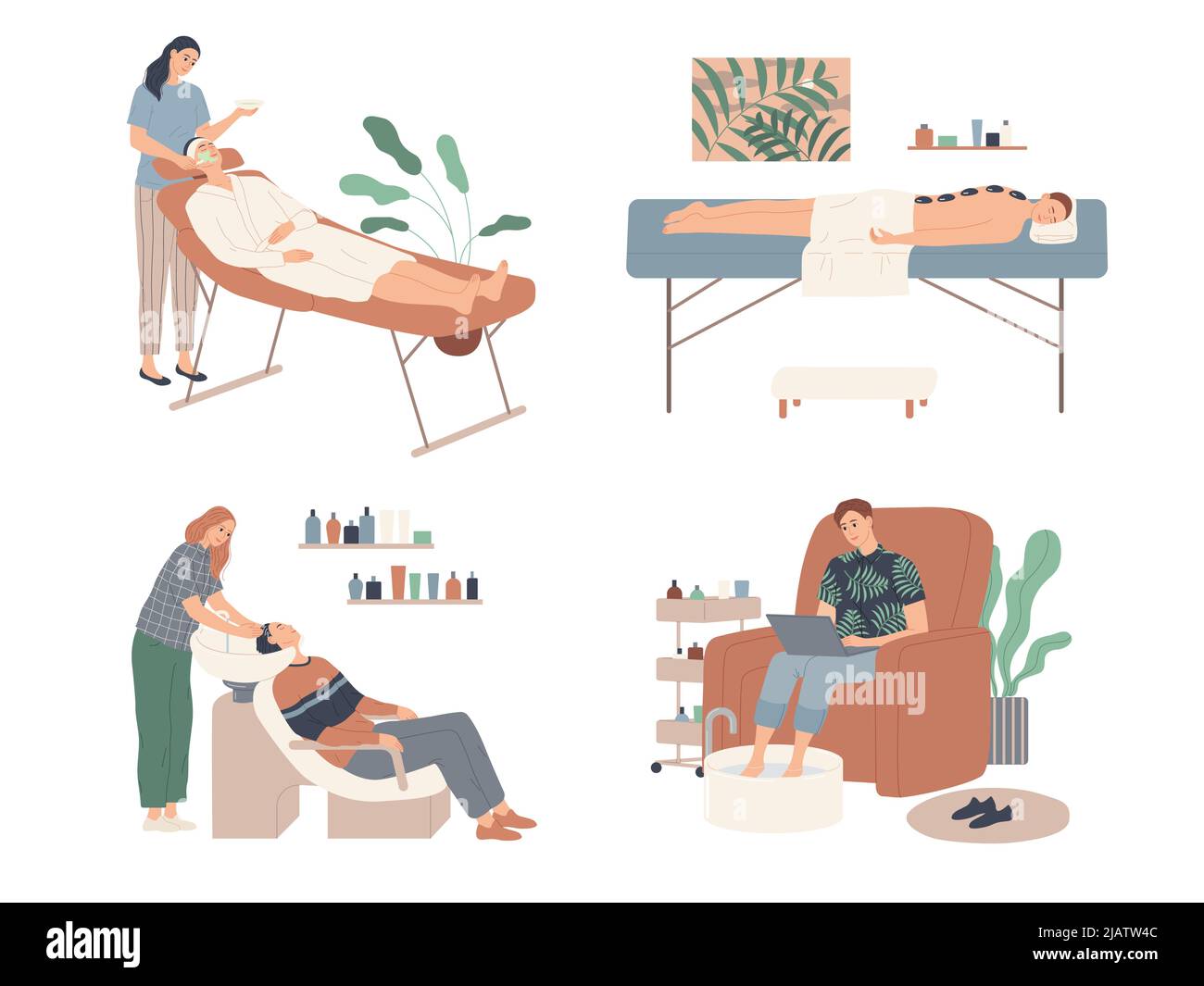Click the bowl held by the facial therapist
click(248, 105)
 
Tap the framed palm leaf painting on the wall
click(771, 109)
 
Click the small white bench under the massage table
click(854, 384)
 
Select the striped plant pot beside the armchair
click(1008, 730)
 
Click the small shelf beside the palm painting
click(966, 146)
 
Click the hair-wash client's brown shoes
click(508, 824)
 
